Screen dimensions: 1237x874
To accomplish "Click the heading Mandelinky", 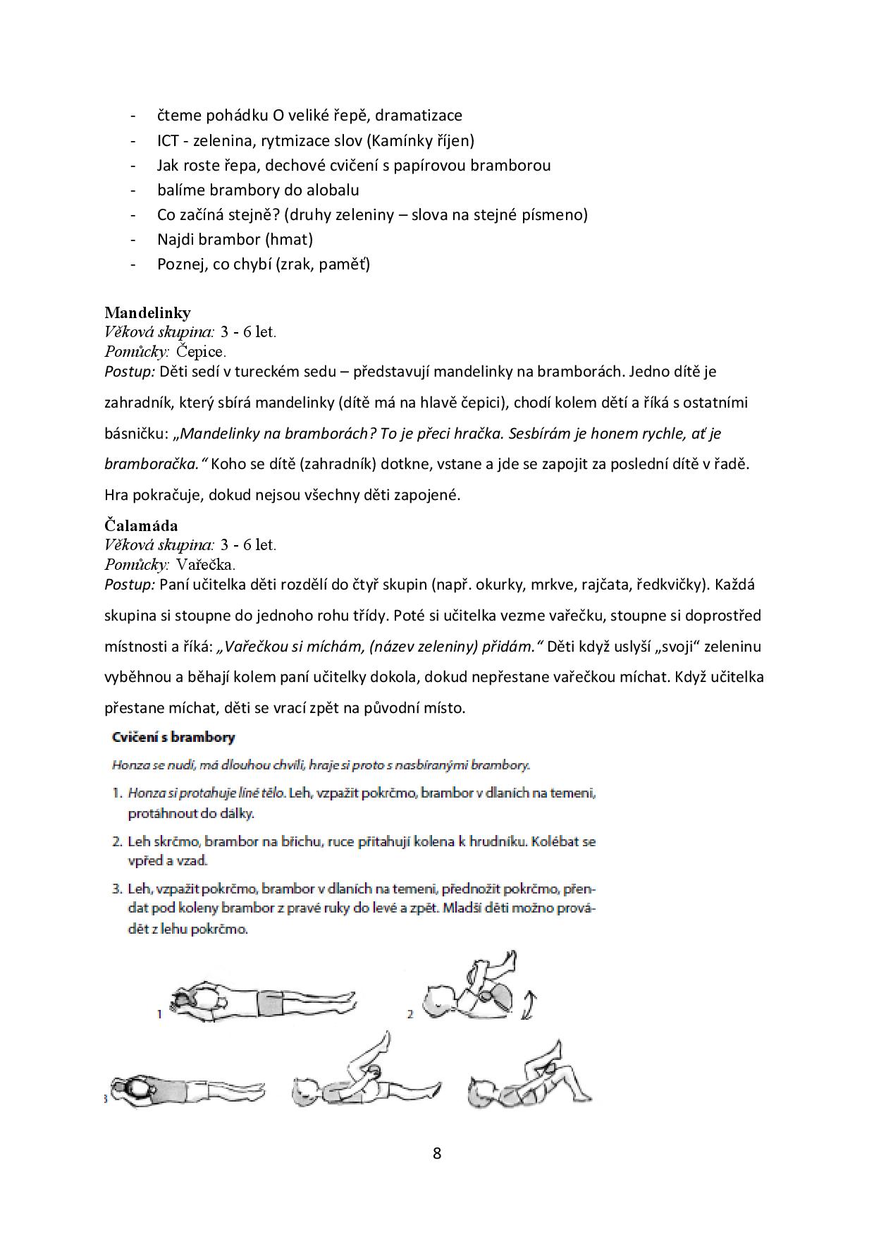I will point(147,312).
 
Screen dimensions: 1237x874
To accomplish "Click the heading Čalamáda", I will point(141,525).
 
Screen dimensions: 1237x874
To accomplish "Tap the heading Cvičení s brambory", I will point(173,738).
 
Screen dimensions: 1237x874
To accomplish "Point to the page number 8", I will point(437,1154).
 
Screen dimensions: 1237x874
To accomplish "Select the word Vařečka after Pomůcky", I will point(205,564).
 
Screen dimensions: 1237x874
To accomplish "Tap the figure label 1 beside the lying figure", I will point(160,1014).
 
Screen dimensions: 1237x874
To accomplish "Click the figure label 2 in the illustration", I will point(410,1014).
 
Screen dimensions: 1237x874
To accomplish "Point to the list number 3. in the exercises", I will point(118,889).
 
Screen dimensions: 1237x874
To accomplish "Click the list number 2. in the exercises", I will point(118,841).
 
